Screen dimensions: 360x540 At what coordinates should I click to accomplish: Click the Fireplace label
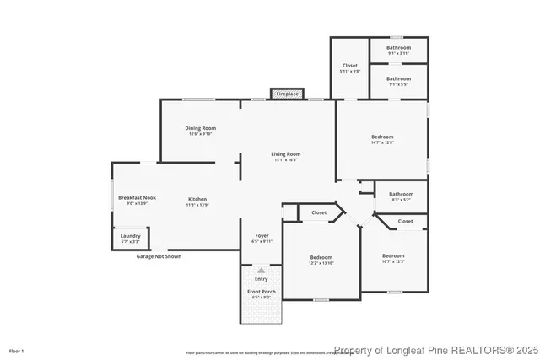click(x=287, y=94)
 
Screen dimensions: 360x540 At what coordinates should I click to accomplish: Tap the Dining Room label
click(x=201, y=128)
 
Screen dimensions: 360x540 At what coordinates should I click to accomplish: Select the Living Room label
click(x=286, y=154)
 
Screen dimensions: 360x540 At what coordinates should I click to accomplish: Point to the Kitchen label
click(x=197, y=200)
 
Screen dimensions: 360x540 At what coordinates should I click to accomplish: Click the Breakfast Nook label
click(x=137, y=197)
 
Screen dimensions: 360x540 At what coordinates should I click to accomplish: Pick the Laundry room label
click(x=130, y=236)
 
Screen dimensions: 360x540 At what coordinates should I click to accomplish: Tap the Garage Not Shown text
click(x=159, y=256)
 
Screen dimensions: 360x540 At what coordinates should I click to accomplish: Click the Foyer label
click(x=262, y=236)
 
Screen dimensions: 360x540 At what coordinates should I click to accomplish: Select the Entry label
click(x=261, y=279)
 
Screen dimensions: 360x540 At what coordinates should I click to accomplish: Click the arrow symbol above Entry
click(x=261, y=271)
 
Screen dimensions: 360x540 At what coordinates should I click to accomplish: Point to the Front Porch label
click(x=261, y=292)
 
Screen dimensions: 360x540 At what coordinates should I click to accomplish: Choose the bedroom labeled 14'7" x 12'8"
click(x=382, y=137)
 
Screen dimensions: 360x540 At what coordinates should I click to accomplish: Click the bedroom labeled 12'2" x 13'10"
click(x=321, y=257)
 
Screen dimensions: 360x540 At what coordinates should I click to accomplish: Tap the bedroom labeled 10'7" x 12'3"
click(x=393, y=255)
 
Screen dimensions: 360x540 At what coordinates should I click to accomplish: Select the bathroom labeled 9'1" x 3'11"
click(x=399, y=48)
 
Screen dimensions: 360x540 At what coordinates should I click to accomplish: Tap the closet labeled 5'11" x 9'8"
click(x=349, y=66)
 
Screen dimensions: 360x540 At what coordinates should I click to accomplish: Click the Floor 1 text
click(x=17, y=350)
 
